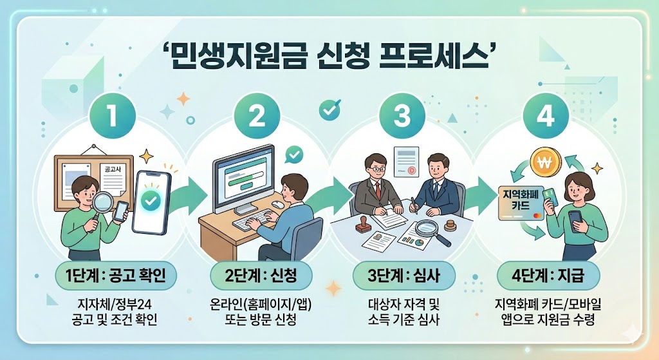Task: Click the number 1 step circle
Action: pyautogui.click(x=111, y=118)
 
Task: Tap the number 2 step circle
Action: pyautogui.click(x=256, y=118)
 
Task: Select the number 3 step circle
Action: pyautogui.click(x=402, y=118)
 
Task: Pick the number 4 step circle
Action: pyautogui.click(x=546, y=118)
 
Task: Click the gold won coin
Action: pyautogui.click(x=545, y=161)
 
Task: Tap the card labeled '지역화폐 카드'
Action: pyautogui.click(x=521, y=201)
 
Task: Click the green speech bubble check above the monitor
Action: pyautogui.click(x=294, y=155)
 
